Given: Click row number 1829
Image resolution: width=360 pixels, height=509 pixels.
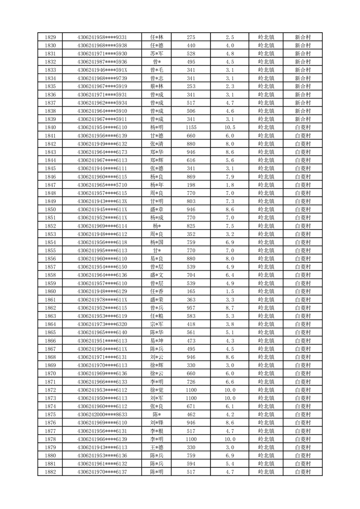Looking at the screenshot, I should (x=51, y=37).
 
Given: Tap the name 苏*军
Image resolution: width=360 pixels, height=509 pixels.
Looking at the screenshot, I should (x=157, y=54).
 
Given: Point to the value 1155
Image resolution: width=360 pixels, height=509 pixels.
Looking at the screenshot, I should (x=191, y=127).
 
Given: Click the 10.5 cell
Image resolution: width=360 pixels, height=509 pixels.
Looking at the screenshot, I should (x=229, y=127).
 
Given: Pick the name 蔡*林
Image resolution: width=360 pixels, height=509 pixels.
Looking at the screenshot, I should (x=157, y=86).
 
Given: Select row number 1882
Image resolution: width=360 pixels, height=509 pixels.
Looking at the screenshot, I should (x=51, y=472).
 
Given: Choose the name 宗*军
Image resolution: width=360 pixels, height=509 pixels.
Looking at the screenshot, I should (x=157, y=324).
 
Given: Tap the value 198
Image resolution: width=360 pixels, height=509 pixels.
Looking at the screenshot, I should (x=191, y=185).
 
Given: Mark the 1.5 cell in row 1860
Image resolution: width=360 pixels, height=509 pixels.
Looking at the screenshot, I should (x=229, y=291).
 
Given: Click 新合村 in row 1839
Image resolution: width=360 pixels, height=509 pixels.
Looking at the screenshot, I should (x=302, y=119).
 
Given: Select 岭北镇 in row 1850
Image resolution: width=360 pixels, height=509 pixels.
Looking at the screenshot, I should (x=266, y=210).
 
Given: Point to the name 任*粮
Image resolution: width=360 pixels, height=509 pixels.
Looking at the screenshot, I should (x=157, y=316).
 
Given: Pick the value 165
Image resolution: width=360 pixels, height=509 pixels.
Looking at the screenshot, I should (x=191, y=291).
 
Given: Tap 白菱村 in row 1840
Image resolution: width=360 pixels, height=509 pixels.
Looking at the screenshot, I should (x=302, y=127).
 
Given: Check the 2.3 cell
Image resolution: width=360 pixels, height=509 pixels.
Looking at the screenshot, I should (x=229, y=86).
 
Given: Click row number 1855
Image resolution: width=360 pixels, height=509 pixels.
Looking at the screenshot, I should (x=51, y=250).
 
